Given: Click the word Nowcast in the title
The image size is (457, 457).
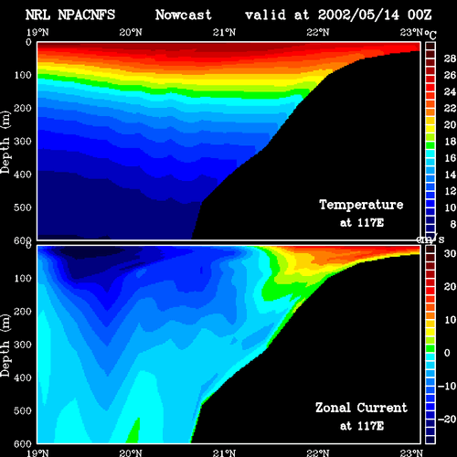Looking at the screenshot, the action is pos(184,15).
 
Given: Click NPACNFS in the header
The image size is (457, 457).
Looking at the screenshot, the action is pos(87,15).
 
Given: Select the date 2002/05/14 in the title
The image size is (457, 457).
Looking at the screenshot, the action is pos(358,15).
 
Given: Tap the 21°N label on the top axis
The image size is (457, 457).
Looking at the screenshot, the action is pos(224,32).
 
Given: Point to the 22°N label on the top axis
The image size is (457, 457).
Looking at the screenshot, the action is pos(318,32).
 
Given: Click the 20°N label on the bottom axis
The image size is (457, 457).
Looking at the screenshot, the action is pos(131,452).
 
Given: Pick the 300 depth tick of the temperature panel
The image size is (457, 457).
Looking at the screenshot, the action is pos(23,141).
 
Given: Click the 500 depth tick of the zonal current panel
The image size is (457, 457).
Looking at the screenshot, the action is pos(23,410).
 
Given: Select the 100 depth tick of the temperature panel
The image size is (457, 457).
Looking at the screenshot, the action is pos(23,75).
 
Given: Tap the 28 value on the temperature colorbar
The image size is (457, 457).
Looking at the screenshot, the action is pos(450,58).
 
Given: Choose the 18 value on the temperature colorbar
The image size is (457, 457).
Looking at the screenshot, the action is pos(450,142).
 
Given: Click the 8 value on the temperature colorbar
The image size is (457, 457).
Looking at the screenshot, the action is pos(452,224).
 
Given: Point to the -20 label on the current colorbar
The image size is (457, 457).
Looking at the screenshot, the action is pos(447,420).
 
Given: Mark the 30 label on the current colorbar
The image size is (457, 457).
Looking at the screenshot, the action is pos(450,253).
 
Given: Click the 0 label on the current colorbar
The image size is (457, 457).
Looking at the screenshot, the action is pos(447,353).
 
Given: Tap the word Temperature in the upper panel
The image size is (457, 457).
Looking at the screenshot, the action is pos(361,205).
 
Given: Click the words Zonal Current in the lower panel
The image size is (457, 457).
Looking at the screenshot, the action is pos(361,408).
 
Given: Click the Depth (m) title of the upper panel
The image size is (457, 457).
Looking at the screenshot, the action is pos(5,143).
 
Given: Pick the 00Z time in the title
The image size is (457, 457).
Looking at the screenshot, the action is pos(420,15).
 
